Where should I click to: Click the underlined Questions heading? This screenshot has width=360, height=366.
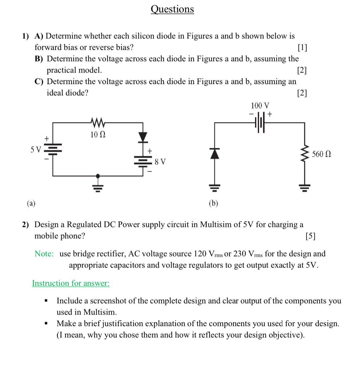[x=172, y=9]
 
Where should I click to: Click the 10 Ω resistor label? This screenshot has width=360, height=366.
[x=98, y=135]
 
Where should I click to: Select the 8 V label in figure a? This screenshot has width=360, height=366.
[x=160, y=162]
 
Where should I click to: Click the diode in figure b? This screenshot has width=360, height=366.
[x=215, y=153]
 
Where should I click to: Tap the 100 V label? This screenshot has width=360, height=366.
[x=260, y=106]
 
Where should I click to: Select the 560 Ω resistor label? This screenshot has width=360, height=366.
[x=322, y=154]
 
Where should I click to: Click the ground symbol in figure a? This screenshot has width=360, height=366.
[x=98, y=186]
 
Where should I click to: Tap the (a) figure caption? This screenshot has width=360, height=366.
[x=31, y=203]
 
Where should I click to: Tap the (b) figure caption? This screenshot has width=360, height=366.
[x=213, y=203]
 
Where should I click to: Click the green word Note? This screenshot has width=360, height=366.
[x=44, y=254]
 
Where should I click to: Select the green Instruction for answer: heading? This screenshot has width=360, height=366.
[x=71, y=283]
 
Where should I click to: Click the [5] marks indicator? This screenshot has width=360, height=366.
[x=310, y=236]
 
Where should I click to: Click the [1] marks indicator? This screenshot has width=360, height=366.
[x=302, y=48]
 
